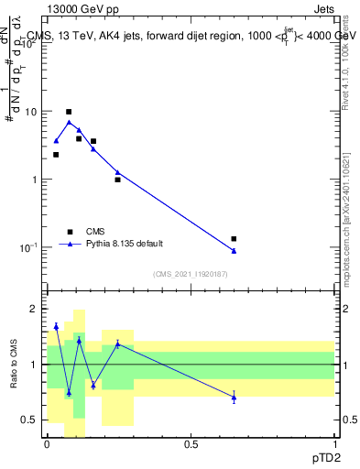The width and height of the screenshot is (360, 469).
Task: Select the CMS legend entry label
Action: click(95, 232)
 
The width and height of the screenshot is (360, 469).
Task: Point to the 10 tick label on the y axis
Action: click(29, 111)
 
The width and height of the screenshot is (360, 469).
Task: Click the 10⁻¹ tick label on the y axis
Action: click(27, 247)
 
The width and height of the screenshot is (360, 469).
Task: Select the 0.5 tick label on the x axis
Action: click(191, 444)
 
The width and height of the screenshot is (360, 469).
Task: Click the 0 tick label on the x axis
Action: click(47, 444)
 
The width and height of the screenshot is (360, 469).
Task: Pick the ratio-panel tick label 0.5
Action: click(31, 420)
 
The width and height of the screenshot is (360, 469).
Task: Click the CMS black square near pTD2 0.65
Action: click(234, 239)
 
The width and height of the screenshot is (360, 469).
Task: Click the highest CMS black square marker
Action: click(69, 112)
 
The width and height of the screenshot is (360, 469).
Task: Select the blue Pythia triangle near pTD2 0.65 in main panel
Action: click(234, 251)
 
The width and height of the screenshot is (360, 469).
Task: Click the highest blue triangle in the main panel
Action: click(69, 122)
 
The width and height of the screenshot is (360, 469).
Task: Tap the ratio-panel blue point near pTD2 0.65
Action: click(234, 398)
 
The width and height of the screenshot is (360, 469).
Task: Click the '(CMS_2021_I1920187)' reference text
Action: click(190, 274)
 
